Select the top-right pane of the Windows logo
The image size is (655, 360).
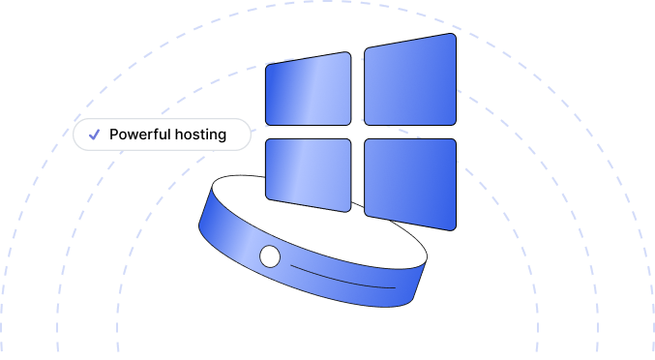click(409, 81)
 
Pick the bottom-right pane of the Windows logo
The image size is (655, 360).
click(409, 181)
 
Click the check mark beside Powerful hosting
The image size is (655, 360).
click(94, 135)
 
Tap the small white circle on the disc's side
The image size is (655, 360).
click(270, 256)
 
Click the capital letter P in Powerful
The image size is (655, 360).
click(114, 135)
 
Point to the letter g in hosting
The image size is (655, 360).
click(222, 136)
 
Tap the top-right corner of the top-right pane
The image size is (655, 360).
click(452, 37)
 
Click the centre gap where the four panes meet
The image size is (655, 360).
click(357, 133)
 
